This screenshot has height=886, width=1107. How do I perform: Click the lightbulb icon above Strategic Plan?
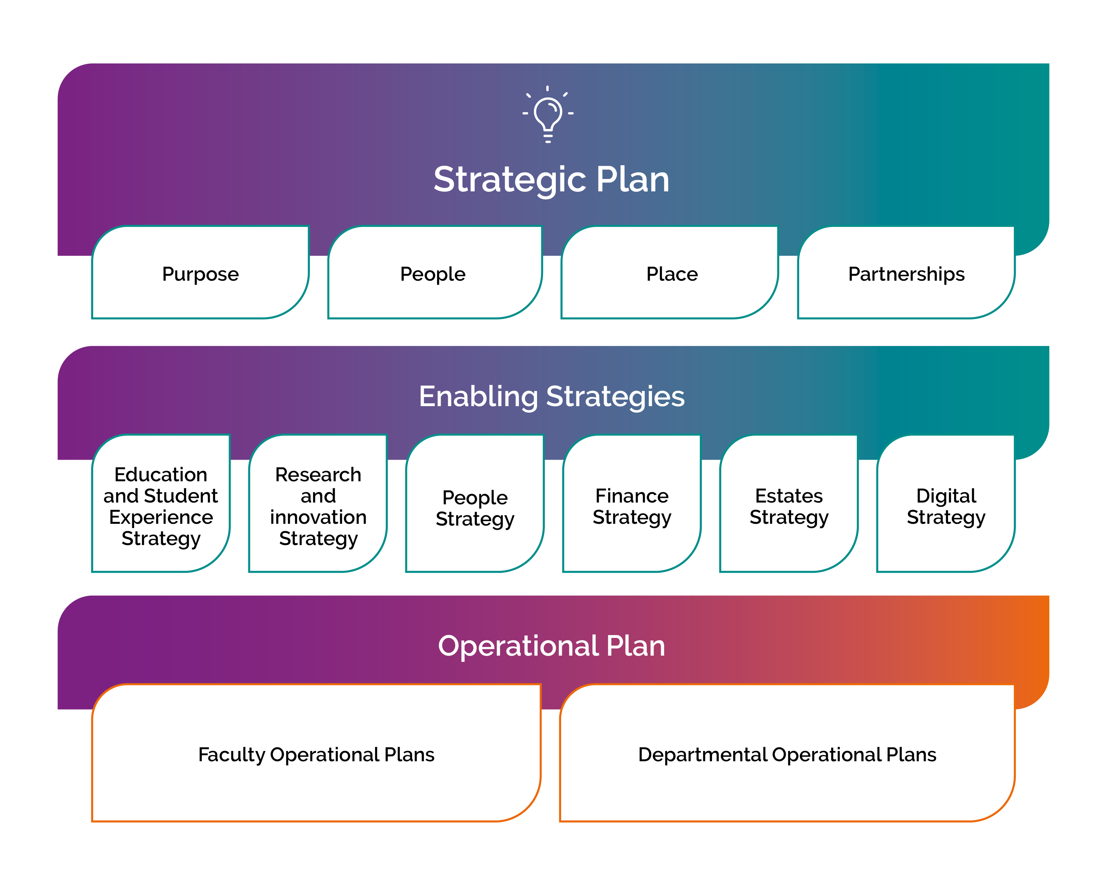(548, 114)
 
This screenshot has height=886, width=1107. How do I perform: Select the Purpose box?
(200, 272)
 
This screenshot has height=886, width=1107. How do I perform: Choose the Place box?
(670, 272)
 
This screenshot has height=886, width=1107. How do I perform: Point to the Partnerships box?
(906, 272)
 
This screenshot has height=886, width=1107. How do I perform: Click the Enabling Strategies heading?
(552, 397)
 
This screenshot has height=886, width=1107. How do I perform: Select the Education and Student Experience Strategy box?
(161, 503)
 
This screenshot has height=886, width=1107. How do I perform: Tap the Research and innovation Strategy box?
(318, 503)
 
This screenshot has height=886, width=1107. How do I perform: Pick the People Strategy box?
(475, 503)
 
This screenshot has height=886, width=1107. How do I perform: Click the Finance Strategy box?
(632, 503)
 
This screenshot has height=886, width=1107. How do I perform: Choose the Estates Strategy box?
(789, 503)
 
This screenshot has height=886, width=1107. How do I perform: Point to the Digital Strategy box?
(946, 503)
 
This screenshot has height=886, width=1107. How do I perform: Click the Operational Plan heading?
(552, 646)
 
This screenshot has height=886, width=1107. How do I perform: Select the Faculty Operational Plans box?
(316, 753)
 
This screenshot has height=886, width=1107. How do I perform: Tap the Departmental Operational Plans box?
(787, 753)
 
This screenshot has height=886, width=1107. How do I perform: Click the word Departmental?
(702, 755)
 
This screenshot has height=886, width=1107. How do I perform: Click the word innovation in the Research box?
(318, 517)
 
